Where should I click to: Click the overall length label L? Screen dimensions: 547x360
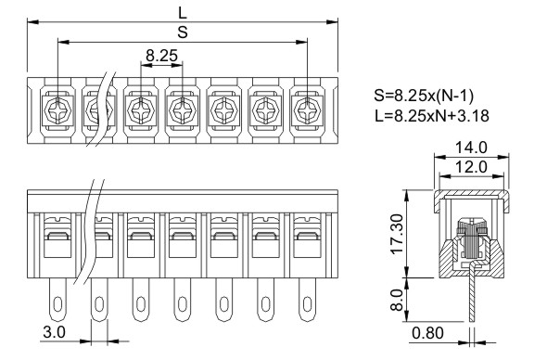click(183, 13)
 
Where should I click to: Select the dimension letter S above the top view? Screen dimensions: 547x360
click(183, 32)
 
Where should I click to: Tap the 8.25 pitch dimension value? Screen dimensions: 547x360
click(161, 55)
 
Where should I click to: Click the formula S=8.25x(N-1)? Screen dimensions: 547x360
click(424, 96)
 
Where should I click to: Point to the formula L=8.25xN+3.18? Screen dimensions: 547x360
click(432, 116)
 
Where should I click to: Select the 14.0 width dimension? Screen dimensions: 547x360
click(471, 148)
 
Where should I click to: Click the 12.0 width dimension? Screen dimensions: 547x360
click(471, 167)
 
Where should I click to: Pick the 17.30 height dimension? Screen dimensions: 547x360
click(397, 234)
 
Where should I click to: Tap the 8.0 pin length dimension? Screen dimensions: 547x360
click(397, 300)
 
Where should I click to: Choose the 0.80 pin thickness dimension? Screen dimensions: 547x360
click(427, 333)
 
